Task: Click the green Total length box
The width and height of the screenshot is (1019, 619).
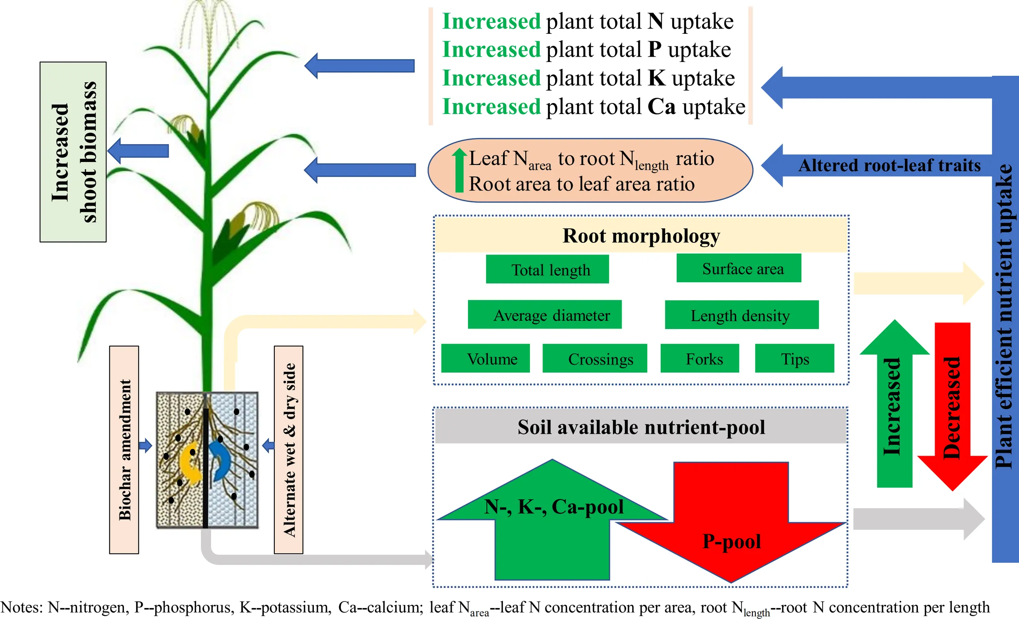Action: [x=547, y=269]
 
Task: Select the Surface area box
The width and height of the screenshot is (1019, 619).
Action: [x=739, y=268]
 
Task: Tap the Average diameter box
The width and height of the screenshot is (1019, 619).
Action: [x=545, y=314]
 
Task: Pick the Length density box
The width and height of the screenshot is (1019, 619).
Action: [x=741, y=315]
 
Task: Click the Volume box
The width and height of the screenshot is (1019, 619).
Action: [x=485, y=358]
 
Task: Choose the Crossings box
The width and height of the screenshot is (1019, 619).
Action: [x=595, y=358]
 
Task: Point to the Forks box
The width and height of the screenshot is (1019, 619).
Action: [x=700, y=358]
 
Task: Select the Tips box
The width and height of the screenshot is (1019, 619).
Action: [x=794, y=358]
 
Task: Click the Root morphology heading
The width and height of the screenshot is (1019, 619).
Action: [x=641, y=235]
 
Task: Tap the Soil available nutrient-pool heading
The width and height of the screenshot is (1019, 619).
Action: [x=641, y=427]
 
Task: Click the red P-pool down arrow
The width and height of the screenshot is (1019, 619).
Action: [x=731, y=533]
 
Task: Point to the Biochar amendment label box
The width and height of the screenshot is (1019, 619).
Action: [x=124, y=450]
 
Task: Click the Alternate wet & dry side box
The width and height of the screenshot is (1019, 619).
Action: [x=289, y=450]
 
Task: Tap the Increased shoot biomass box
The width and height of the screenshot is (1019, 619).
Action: [x=73, y=151]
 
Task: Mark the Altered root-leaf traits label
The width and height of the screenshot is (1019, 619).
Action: [x=889, y=165]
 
